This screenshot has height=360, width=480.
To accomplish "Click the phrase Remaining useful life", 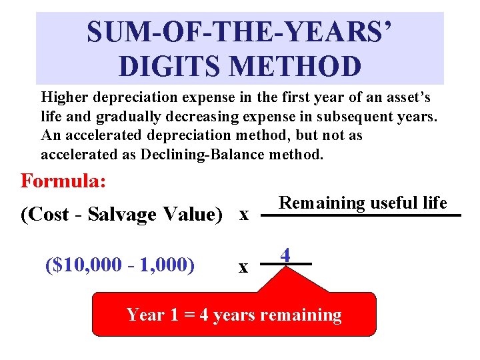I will [362, 203].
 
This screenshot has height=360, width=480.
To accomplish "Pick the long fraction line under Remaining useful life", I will [361, 215].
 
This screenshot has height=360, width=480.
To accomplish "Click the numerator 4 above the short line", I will [285, 255].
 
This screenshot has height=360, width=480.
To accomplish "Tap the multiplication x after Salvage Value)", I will [244, 214].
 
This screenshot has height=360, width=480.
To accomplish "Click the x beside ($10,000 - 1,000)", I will [243, 267].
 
